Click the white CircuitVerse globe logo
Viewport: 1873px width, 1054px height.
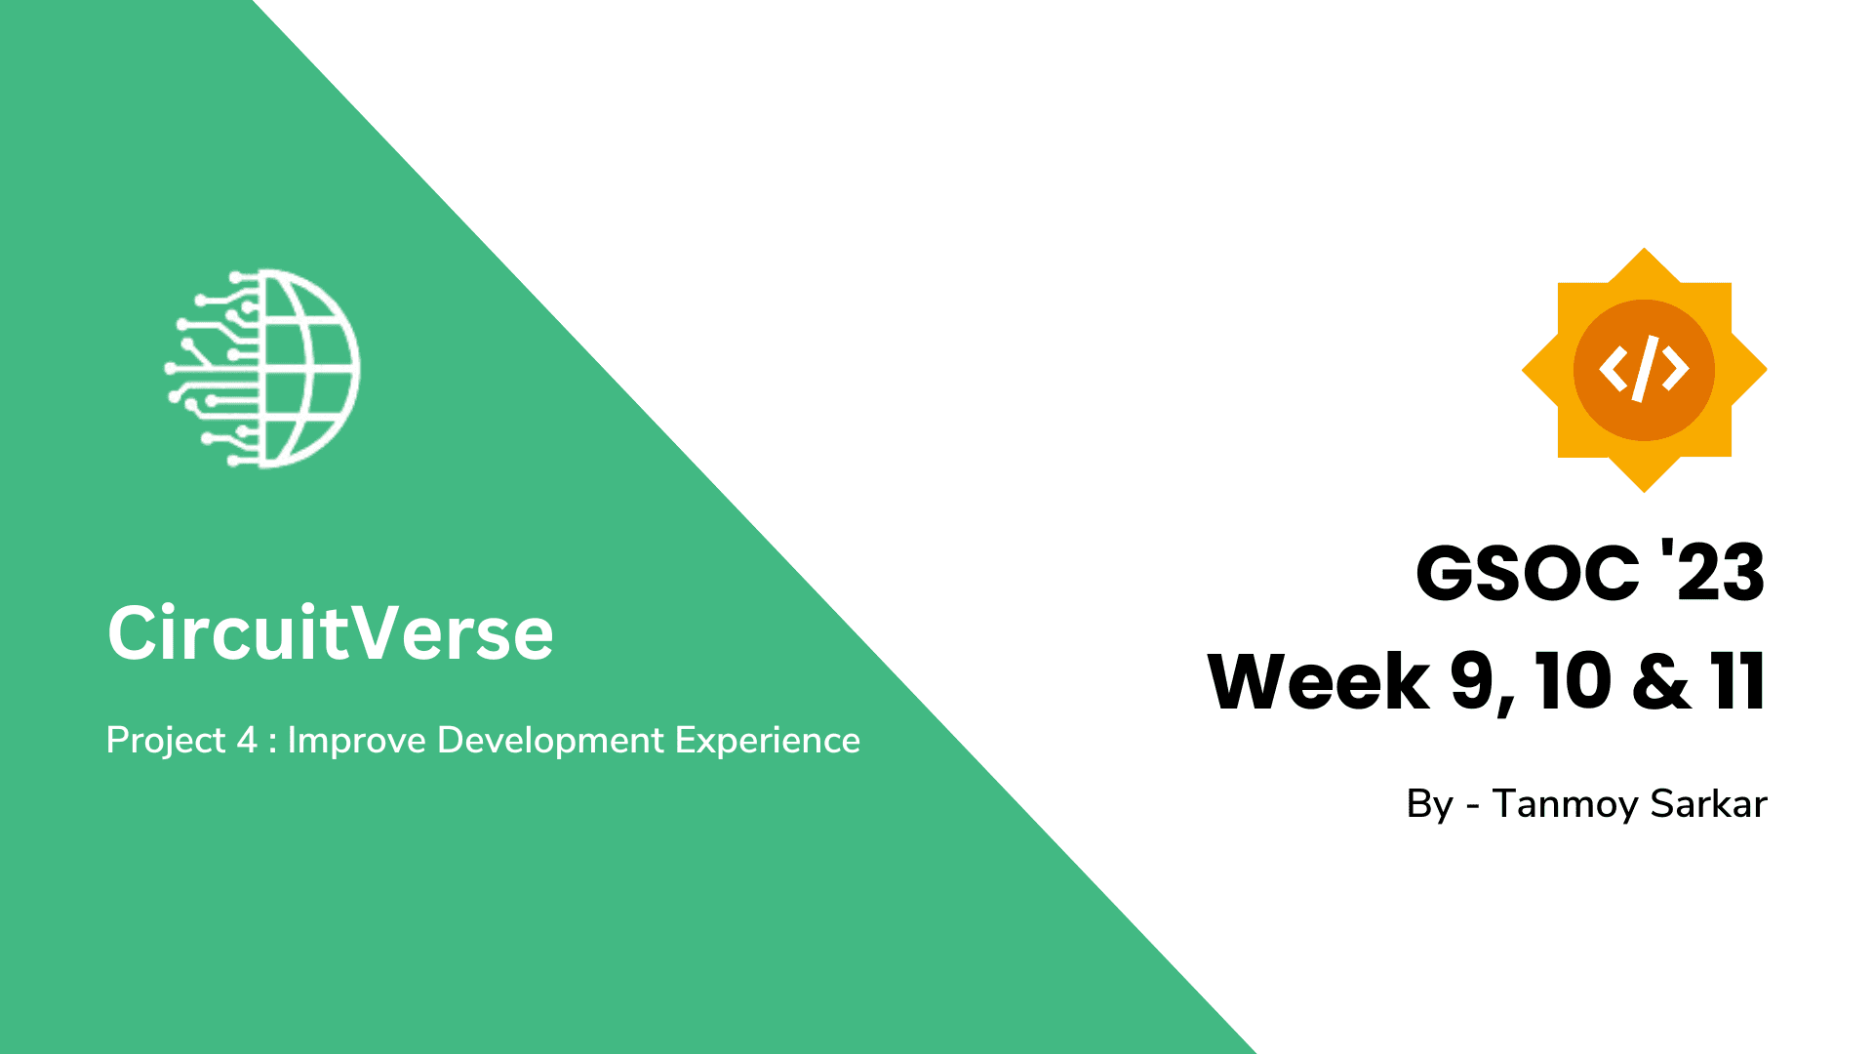263,369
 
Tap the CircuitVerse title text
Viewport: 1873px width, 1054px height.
330,632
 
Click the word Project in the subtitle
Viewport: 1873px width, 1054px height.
165,741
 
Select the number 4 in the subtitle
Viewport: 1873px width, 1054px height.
246,741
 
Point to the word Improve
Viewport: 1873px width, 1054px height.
356,741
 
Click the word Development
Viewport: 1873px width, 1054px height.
550,741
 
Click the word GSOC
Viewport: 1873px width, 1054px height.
1527,573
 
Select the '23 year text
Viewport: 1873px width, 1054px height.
1713,573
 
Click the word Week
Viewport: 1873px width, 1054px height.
1318,681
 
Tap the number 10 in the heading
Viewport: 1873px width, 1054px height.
1573,681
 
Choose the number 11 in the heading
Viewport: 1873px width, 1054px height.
1737,681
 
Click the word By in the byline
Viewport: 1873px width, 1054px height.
1429,804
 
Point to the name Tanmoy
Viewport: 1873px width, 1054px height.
1565,804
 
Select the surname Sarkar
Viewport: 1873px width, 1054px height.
1708,804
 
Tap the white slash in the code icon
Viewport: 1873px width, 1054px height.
1645,369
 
